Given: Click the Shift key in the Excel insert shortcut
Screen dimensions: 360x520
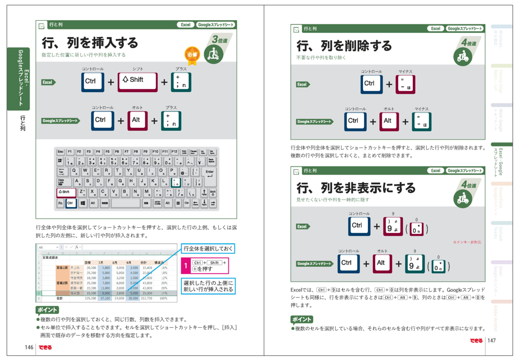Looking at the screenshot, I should [138, 82].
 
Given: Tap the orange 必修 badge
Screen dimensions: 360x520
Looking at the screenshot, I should [192, 55].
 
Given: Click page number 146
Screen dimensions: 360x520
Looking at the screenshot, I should [29, 347].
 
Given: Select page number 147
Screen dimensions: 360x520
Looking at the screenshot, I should [492, 340].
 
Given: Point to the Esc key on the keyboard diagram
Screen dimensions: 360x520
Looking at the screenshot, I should [61, 152].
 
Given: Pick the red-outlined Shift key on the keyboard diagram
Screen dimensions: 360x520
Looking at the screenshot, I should [66, 192].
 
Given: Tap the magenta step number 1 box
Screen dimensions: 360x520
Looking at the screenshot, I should [186, 266].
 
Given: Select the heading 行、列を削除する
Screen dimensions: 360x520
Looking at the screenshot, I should [344, 46].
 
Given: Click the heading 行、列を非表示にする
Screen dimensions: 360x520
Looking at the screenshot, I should [356, 188].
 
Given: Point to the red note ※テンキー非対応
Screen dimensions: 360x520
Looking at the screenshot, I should [467, 242].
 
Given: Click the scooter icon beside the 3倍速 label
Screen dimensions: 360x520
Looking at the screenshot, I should [213, 54].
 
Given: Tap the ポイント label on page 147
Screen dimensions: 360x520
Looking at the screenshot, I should [302, 319].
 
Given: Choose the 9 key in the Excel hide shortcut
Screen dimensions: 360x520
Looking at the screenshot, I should [393, 226].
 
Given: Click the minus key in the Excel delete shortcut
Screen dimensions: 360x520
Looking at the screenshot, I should [405, 85].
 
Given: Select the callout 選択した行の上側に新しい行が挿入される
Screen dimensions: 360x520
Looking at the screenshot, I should [208, 286].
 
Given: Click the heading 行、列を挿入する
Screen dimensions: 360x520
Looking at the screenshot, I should [90, 43].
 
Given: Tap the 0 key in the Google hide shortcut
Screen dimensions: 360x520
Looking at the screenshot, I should [438, 266].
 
